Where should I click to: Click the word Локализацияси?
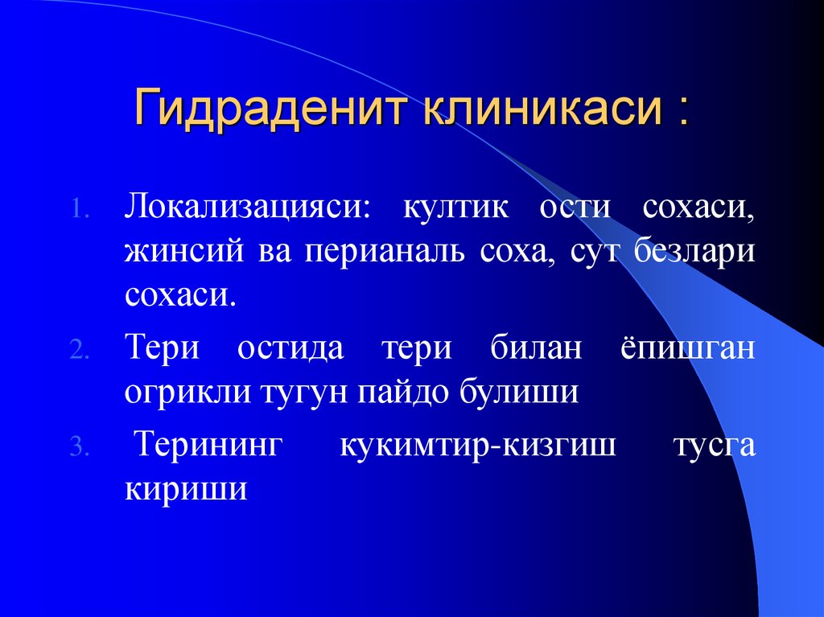[247, 207]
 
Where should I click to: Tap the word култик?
[455, 207]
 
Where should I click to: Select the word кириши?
[185, 489]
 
